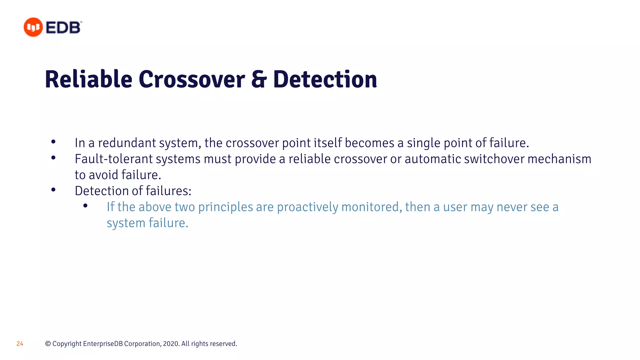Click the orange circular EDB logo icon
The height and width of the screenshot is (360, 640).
tap(33, 27)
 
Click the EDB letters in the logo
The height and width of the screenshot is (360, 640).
tap(63, 27)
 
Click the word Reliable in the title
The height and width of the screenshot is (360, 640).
tap(88, 79)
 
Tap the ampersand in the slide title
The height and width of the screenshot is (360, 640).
tap(259, 79)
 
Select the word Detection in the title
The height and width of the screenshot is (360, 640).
tap(325, 79)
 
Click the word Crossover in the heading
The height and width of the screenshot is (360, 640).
tap(192, 79)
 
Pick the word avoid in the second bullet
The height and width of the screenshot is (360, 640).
tap(103, 175)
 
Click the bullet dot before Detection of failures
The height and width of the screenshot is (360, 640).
tap(53, 190)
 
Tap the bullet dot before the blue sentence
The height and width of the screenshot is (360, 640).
tap(85, 206)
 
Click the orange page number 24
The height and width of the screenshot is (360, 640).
tap(20, 344)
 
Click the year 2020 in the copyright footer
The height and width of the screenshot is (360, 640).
tap(171, 344)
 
